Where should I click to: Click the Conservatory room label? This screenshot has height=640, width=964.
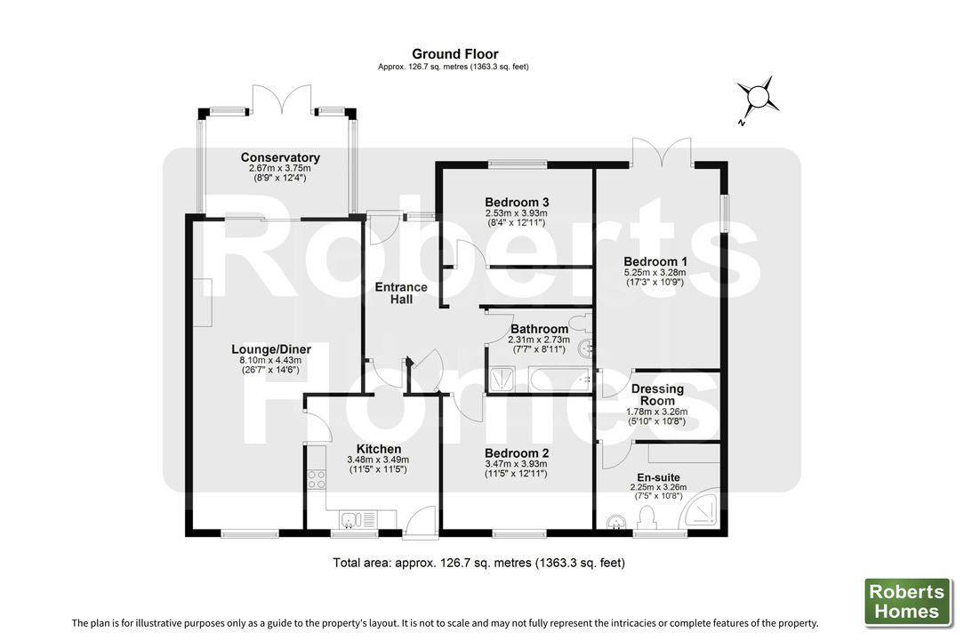click(x=280, y=158)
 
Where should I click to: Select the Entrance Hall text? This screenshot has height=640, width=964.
click(x=400, y=293)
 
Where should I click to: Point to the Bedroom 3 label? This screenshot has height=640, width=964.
click(x=516, y=202)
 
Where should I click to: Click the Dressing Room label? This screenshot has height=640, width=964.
click(x=657, y=395)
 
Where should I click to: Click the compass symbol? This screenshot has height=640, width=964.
click(x=759, y=96)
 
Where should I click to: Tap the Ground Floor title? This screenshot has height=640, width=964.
click(x=455, y=54)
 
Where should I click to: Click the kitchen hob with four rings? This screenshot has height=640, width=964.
click(x=316, y=480)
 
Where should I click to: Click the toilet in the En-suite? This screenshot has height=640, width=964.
click(x=646, y=517)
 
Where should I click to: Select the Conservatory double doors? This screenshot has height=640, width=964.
click(x=282, y=100)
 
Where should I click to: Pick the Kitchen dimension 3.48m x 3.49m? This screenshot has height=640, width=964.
click(x=378, y=460)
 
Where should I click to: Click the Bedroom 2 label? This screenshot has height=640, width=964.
click(x=516, y=453)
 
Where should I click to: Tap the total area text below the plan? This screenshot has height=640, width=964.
click(x=479, y=563)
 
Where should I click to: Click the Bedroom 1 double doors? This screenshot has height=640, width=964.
click(x=661, y=152)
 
